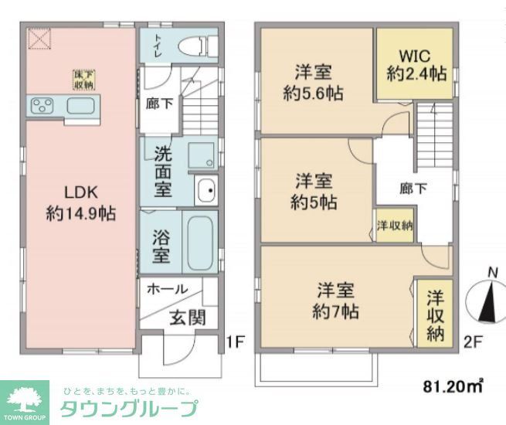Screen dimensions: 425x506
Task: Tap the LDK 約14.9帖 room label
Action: (80, 203)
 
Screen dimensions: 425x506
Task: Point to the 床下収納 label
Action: (83, 80)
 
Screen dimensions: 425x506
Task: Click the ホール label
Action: (166, 289)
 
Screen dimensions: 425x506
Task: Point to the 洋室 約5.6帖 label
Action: (313, 83)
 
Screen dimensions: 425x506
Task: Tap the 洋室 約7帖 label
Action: (336, 301)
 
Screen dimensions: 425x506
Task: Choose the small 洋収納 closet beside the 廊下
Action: (394, 226)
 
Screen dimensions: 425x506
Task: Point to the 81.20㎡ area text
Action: (453, 384)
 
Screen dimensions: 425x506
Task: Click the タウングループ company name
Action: (128, 409)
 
